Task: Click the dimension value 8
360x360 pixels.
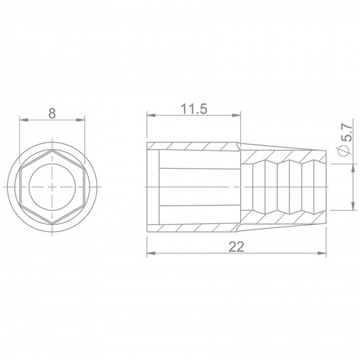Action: (52, 113)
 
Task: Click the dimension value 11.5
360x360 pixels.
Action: (194, 109)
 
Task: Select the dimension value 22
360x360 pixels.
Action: (236, 247)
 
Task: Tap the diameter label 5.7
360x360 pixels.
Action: (346, 132)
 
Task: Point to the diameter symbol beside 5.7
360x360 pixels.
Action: (344, 151)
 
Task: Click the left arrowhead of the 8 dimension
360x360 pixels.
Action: (24, 120)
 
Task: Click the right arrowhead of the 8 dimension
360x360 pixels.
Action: (81, 120)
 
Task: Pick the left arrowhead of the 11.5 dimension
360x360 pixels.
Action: (151, 115)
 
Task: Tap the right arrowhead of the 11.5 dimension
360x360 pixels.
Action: (236, 115)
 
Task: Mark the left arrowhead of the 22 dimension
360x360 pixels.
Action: (151, 253)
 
